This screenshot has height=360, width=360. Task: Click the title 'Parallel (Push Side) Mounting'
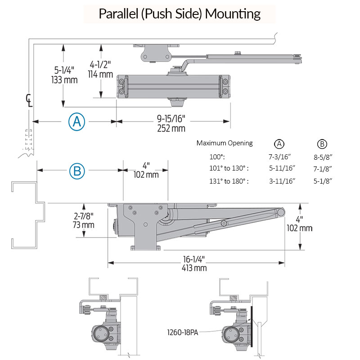tap(180, 13)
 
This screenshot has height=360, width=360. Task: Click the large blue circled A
tap(76, 121)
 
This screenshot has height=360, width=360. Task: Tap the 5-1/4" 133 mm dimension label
tap(65, 75)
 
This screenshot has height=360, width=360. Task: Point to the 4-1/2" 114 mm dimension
tap(101, 69)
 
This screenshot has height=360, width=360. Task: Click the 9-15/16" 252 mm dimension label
tap(171, 124)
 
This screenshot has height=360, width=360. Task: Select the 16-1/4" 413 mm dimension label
tap(194, 264)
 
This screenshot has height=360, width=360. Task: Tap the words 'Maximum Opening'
tap(225, 143)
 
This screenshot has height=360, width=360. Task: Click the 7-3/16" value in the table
tap(279, 156)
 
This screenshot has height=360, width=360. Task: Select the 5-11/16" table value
tap(279, 168)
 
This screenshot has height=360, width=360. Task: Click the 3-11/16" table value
tap(279, 181)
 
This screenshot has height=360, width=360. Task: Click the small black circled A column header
tap(279, 144)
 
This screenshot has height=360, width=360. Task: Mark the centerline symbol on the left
tap(29, 100)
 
